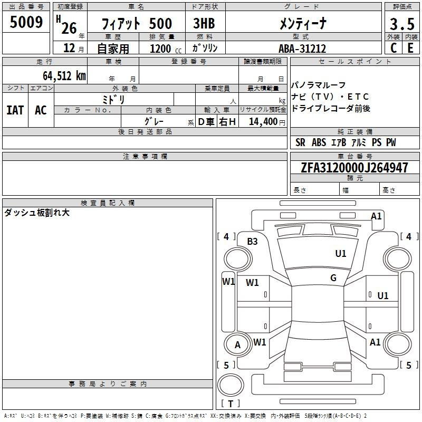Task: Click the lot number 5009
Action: pos(26,22)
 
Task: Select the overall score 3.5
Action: pos(402,24)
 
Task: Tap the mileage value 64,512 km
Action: pos(64,75)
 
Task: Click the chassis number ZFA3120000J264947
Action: pos(354,167)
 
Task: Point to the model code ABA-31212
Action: pos(302,49)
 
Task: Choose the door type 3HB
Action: pos(204,23)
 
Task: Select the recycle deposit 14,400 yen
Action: pos(267,122)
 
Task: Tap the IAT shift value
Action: pos(15,110)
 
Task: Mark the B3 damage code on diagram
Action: pos(252,242)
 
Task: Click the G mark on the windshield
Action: pos(333,278)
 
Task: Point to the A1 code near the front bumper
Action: pos(376,216)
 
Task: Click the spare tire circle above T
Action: pos(231,385)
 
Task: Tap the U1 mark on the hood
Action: pos(340,254)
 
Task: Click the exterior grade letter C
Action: pos(394,48)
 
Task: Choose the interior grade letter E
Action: pos(410,48)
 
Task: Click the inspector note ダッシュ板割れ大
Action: pos(37,213)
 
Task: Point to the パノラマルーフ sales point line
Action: pos(318,85)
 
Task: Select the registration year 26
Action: pos(69,28)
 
